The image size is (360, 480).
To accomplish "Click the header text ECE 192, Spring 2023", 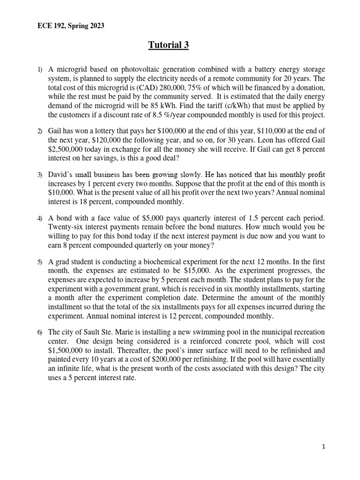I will click(71, 26).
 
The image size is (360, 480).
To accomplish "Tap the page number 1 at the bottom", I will click(323, 447).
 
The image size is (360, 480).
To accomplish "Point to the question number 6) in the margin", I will click(40, 332).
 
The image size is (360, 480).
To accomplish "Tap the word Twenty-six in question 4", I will click(65, 228).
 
